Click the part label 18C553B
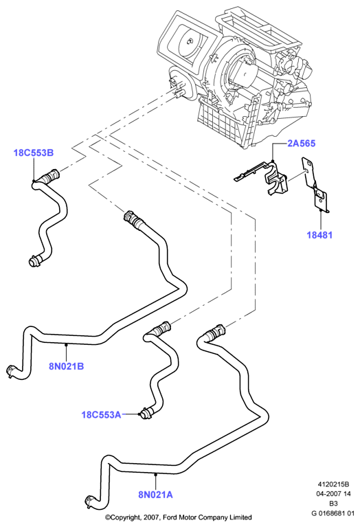click(34, 153)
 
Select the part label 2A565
click(302, 144)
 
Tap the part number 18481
click(319, 235)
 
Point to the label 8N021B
click(66, 366)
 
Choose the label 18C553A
click(101, 414)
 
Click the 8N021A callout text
click(155, 495)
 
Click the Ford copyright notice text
click(178, 517)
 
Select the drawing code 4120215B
click(333, 484)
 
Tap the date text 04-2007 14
click(333, 494)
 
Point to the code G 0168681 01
click(333, 513)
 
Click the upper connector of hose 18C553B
click(52, 175)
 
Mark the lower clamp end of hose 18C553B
click(35, 261)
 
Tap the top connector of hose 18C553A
click(161, 328)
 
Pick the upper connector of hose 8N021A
click(216, 332)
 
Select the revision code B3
click(333, 504)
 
